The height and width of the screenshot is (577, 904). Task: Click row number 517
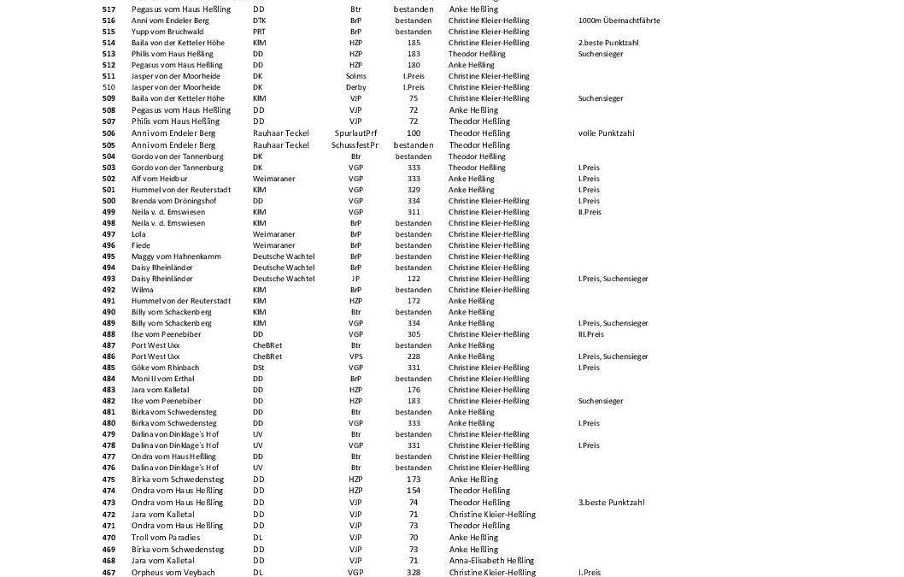[x=109, y=9]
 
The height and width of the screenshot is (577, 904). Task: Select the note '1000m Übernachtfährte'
[x=619, y=21]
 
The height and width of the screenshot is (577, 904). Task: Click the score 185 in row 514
[x=414, y=43]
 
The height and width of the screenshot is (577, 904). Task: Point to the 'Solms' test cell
[x=355, y=76]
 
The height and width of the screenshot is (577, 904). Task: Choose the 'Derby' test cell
[x=355, y=87]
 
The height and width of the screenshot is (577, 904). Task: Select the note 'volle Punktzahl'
[x=606, y=133]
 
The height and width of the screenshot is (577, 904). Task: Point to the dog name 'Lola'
[x=138, y=234]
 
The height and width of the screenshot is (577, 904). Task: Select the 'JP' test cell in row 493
[x=355, y=279]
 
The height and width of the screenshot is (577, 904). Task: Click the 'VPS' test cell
[x=355, y=356]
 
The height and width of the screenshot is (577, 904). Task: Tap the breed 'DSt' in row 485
[x=258, y=368]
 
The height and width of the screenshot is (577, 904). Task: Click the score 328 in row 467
[x=414, y=572]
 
